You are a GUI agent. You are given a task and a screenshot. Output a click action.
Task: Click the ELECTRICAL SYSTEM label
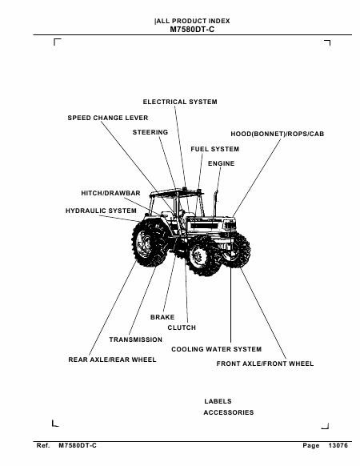(180, 102)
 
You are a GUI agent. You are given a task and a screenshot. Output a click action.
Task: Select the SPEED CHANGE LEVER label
(108, 118)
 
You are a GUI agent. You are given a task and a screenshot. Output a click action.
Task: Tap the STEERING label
(150, 132)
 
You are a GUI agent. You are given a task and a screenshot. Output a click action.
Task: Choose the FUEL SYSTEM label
(214, 149)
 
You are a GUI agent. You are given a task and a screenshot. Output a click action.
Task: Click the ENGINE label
(222, 163)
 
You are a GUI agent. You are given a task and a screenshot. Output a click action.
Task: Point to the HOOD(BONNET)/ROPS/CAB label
(278, 134)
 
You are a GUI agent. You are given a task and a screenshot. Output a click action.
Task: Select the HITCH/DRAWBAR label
(110, 193)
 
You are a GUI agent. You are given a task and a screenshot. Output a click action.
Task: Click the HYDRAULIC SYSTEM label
(101, 211)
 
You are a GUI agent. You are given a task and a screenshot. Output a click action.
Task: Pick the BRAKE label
(162, 317)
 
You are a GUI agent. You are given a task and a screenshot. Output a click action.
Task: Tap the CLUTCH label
(182, 327)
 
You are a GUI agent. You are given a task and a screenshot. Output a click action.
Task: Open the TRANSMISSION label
(136, 339)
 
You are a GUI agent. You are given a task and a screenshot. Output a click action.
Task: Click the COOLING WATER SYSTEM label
(217, 349)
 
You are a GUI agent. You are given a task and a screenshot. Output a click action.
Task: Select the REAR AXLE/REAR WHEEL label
(112, 360)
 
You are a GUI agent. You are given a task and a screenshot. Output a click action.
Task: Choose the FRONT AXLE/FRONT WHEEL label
(265, 364)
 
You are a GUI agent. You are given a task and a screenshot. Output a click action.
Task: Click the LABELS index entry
(218, 401)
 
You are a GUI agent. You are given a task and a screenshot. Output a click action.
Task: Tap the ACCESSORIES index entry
(229, 412)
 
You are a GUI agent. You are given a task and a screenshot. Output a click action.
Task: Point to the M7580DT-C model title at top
(192, 30)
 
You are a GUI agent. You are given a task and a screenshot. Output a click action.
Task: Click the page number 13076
(338, 445)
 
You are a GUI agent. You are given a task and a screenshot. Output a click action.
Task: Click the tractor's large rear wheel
(148, 243)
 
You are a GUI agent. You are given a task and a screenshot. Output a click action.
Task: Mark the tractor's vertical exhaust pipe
(216, 204)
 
